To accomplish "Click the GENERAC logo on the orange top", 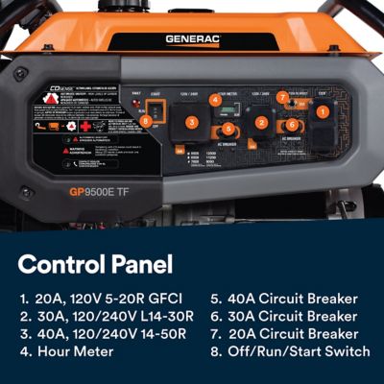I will point(193,39).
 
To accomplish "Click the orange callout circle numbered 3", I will point(191,122).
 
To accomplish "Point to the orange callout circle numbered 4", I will point(216,99).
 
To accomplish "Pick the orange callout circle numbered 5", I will point(228,128).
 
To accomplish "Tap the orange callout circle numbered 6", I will point(292,126).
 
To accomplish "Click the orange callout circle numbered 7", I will point(283,97).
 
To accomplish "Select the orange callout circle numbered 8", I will point(146,121).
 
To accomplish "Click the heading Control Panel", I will point(95,264).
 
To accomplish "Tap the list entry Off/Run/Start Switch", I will point(290,351).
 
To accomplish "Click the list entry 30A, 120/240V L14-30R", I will point(106,316).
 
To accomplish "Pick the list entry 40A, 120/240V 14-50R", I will point(102,333).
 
